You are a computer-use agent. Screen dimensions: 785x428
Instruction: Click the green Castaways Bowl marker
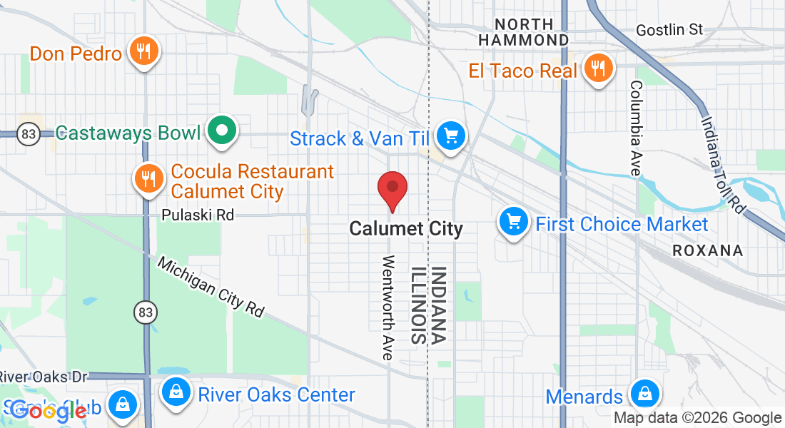[x=222, y=131]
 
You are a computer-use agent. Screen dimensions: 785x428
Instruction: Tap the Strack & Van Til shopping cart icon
[x=450, y=135]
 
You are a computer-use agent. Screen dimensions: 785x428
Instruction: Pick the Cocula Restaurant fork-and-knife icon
[x=148, y=178]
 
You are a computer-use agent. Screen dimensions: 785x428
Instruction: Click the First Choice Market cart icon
[x=513, y=222]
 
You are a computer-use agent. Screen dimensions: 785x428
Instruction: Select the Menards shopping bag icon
[x=644, y=394]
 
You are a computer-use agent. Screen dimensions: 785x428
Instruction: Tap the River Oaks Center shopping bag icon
[x=175, y=392]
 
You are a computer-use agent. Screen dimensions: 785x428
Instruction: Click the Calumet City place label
[x=406, y=229]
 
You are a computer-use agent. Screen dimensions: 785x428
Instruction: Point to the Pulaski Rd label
[x=198, y=215]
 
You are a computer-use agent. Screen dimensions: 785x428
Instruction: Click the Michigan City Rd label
[x=211, y=287]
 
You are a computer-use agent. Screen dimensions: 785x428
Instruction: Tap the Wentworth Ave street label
[x=389, y=307]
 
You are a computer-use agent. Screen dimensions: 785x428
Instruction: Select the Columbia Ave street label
[x=635, y=128]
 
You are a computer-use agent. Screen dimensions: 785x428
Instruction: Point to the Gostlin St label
[x=669, y=30]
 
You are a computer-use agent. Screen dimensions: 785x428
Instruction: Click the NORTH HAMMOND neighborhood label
[x=524, y=32]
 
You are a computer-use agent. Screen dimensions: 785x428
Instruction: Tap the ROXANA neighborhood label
[x=708, y=250]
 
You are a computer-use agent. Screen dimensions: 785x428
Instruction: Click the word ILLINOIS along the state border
[x=417, y=305]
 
